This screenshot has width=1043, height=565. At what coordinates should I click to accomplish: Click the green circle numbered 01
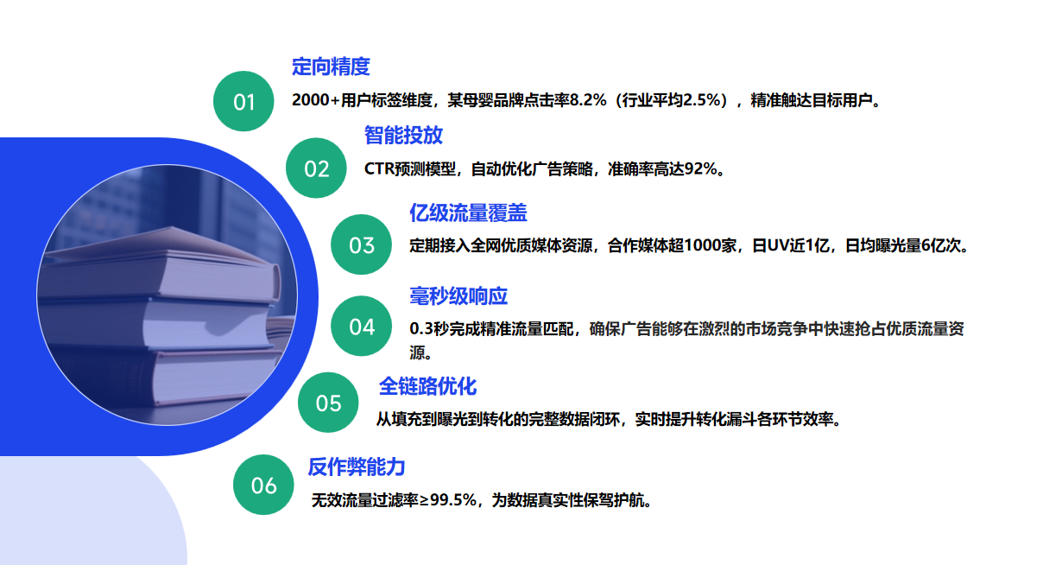(x=243, y=101)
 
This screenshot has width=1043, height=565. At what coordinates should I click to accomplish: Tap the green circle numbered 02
(x=316, y=168)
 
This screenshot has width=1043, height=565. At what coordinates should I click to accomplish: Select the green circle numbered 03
(x=361, y=244)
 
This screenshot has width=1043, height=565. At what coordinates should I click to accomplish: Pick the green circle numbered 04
(x=361, y=326)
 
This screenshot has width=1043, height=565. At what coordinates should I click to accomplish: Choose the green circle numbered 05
(x=328, y=403)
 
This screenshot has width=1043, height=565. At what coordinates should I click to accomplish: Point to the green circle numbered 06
(x=263, y=485)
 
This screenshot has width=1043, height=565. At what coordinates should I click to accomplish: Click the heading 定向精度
(x=331, y=67)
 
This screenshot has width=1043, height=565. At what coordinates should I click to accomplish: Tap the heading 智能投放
(x=403, y=135)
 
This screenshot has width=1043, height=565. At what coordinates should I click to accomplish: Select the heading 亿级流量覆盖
(x=468, y=213)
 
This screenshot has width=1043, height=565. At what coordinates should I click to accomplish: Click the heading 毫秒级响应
(x=458, y=295)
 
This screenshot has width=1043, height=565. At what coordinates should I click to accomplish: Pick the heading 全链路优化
(x=427, y=386)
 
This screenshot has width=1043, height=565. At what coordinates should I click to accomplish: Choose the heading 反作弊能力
(x=357, y=467)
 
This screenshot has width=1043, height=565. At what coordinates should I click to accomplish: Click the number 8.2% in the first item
(x=588, y=100)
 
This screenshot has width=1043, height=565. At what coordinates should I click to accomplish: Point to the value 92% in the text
(x=700, y=168)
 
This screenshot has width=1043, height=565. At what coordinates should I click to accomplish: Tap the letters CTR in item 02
(x=379, y=168)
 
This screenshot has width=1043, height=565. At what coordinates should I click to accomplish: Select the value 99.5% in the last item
(x=453, y=500)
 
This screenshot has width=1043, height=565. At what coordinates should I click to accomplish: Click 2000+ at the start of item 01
(x=316, y=100)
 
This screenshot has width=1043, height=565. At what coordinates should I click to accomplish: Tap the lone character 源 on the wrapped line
(x=417, y=352)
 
